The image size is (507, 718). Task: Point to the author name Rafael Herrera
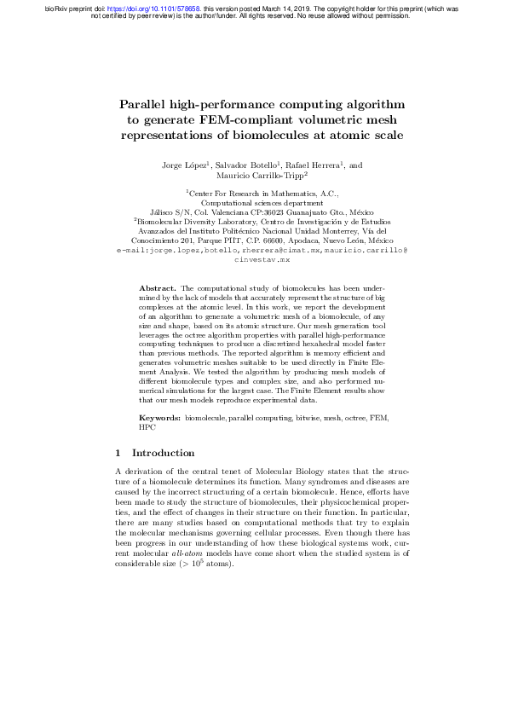tap(315, 164)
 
